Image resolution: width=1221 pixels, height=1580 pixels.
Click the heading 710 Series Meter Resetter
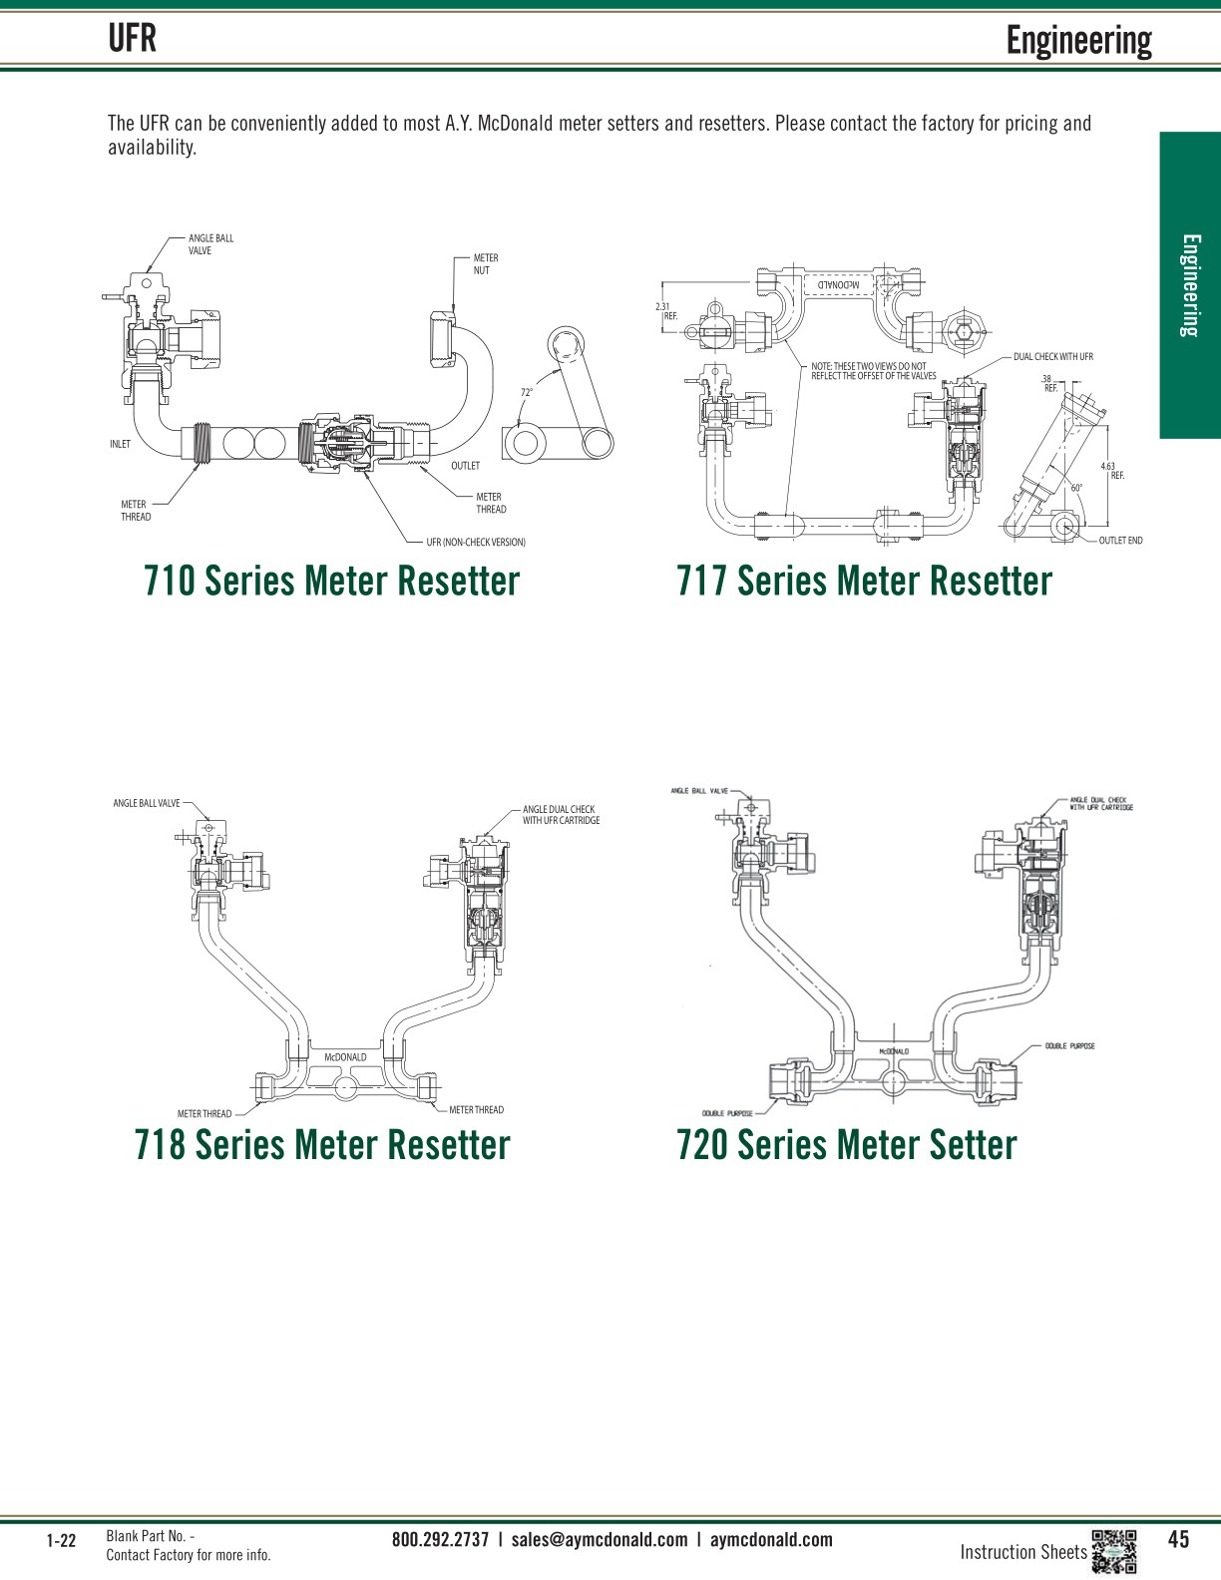pyautogui.click(x=331, y=581)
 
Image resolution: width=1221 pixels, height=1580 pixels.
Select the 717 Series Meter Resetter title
pyautogui.click(x=864, y=581)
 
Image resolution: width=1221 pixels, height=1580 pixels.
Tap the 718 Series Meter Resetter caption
pyautogui.click(x=322, y=1144)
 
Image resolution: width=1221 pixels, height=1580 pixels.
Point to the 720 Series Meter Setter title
pyautogui.click(x=846, y=1144)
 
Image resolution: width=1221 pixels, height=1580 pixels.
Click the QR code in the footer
pyautogui.click(x=1114, y=1551)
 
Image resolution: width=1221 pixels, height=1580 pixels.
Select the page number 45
pyautogui.click(x=1178, y=1539)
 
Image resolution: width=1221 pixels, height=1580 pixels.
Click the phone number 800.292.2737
pyautogui.click(x=440, y=1539)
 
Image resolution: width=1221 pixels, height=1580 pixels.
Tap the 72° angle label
pyautogui.click(x=527, y=392)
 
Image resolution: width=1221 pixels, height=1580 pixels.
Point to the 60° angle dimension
pyautogui.click(x=1076, y=488)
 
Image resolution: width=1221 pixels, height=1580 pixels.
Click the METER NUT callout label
pyautogui.click(x=485, y=264)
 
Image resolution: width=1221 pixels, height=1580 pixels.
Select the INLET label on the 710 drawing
pyautogui.click(x=120, y=444)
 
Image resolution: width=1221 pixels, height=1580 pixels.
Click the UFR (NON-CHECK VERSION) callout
pyautogui.click(x=476, y=543)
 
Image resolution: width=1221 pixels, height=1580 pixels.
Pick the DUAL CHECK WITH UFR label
pyautogui.click(x=1052, y=356)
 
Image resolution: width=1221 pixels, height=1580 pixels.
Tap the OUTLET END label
pyautogui.click(x=1120, y=541)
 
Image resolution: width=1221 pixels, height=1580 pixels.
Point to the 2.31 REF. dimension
pyautogui.click(x=666, y=311)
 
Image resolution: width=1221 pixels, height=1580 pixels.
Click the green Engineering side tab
pyautogui.click(x=1190, y=285)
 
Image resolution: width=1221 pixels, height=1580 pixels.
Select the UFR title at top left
pyautogui.click(x=133, y=39)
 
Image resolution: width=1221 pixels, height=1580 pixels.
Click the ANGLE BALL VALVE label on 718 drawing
pyautogui.click(x=147, y=803)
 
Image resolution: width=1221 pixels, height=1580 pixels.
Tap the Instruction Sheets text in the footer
pyautogui.click(x=1022, y=1552)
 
